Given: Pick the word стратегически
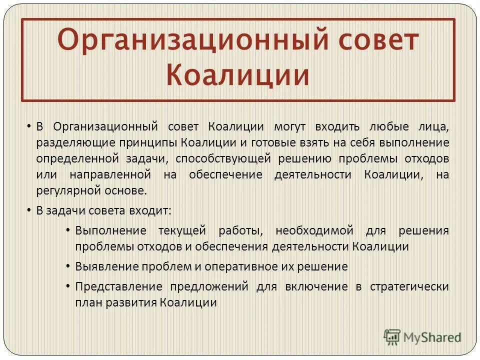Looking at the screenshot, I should click(x=409, y=286).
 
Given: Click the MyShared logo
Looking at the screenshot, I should click(x=422, y=336).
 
